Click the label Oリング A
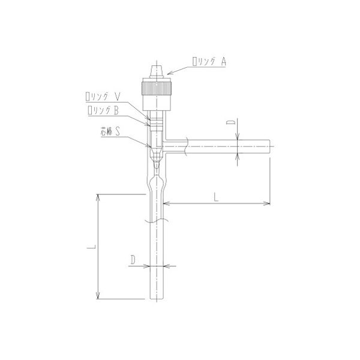click(209, 60)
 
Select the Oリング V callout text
click(106, 96)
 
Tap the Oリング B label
click(106, 110)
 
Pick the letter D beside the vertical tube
click(131, 259)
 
